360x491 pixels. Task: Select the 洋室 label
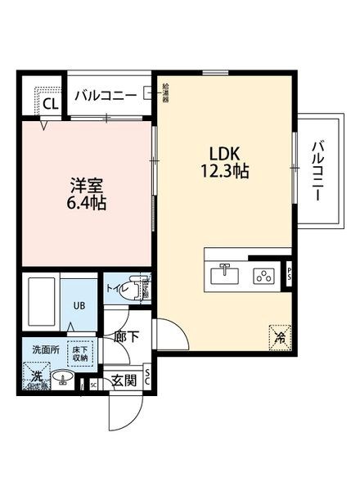(83, 184)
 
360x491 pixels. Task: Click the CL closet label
(50, 104)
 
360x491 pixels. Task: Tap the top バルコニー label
(106, 96)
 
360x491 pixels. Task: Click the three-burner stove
(264, 276)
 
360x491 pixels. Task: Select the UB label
(80, 306)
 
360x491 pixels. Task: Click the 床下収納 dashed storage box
(79, 352)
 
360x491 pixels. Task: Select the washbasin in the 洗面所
(64, 378)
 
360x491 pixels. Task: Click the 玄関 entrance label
(124, 380)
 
